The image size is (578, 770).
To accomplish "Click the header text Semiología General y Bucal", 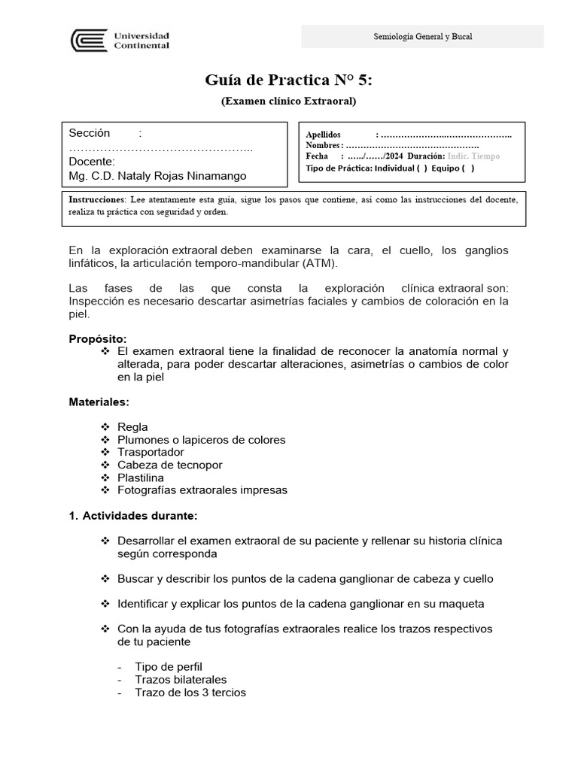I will (x=422, y=37).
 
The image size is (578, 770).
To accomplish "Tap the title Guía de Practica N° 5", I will (x=288, y=80).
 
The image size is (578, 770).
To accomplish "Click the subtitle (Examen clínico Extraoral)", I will (x=288, y=101).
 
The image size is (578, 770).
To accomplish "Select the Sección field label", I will (x=90, y=133).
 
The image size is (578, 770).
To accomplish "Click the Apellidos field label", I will (x=324, y=134).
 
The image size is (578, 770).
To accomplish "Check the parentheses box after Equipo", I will (x=467, y=168).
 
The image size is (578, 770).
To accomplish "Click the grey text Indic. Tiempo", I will (x=473, y=156).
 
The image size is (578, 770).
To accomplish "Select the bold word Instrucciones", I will (x=96, y=199).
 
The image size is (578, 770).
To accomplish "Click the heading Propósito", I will (x=98, y=338).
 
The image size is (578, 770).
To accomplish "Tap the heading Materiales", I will (x=99, y=402).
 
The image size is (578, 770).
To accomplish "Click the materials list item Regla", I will (x=132, y=427).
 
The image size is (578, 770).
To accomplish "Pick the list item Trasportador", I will (x=151, y=452).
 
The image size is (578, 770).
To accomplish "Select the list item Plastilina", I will (x=141, y=477).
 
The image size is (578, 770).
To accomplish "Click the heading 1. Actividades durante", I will (x=133, y=516).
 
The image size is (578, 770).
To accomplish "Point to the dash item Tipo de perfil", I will (x=169, y=667).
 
